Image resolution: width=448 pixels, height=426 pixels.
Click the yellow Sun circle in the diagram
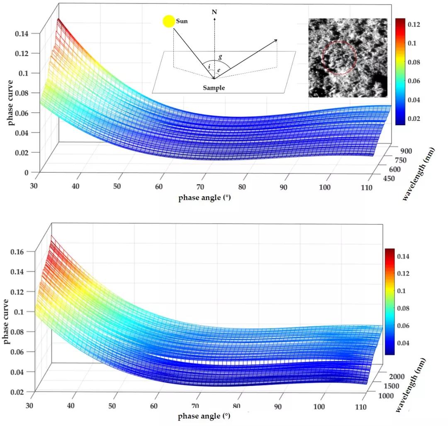coord(169,22)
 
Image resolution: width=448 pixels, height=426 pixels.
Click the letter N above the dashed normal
coord(214,12)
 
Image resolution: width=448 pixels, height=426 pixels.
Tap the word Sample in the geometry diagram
coord(214,88)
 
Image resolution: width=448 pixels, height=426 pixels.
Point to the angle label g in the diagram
coord(221,58)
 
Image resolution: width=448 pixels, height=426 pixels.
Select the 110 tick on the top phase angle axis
coord(366,188)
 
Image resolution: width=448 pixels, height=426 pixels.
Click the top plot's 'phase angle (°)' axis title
coord(205,198)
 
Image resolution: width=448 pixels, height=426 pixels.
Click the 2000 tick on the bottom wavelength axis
coord(400,376)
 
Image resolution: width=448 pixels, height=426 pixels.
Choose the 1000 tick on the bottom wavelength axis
coord(391,397)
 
